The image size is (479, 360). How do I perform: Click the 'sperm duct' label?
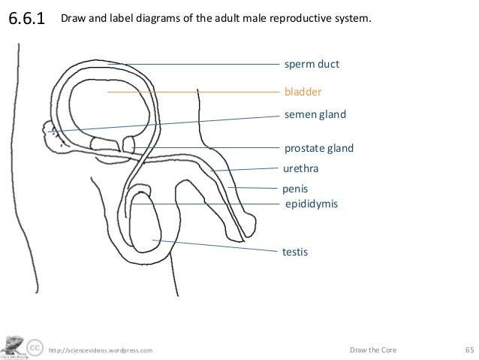tap(312, 65)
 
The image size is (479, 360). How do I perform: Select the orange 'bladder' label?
tap(303, 92)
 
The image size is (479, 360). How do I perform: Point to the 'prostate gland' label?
tap(318, 148)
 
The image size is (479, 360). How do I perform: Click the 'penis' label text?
tap(296, 189)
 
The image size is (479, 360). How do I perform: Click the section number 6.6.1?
tap(27, 18)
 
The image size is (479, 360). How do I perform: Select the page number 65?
tap(469, 349)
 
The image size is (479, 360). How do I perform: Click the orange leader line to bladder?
tap(195, 92)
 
